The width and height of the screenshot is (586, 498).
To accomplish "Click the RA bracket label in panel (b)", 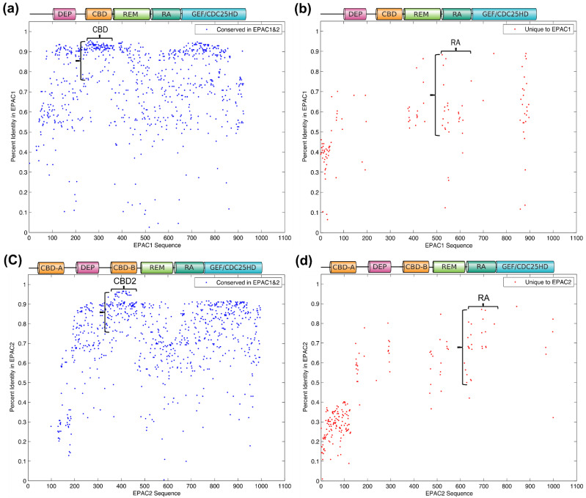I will pyautogui.click(x=455, y=43).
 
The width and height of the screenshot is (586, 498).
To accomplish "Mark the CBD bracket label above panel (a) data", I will pyautogui.click(x=100, y=29).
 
